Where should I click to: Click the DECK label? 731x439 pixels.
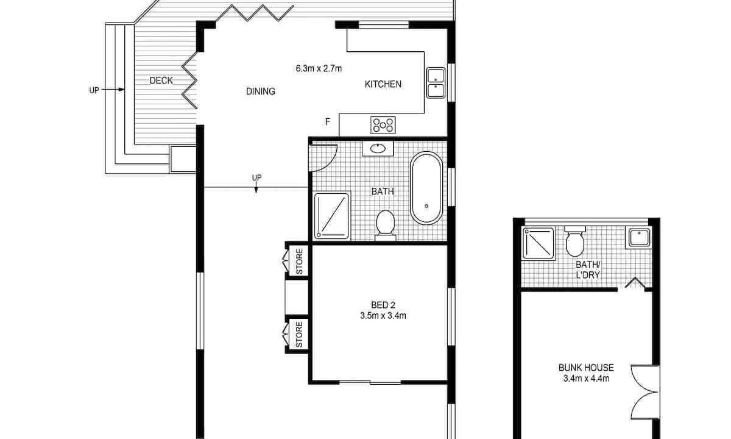[x=161, y=80]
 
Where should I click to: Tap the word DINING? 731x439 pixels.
[x=261, y=91]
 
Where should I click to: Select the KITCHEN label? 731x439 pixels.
[x=383, y=84]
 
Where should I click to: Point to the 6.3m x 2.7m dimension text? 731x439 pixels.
[x=319, y=68]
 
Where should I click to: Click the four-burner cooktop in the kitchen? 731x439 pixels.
[x=383, y=125]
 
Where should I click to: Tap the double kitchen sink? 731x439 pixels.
[x=436, y=83]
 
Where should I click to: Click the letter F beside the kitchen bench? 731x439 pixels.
[x=328, y=122]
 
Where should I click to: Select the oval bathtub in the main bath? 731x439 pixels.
[x=426, y=188]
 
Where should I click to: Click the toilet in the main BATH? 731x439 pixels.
[x=386, y=225]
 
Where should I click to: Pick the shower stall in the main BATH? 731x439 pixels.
[x=331, y=216]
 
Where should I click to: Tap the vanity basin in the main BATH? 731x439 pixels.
[x=378, y=149]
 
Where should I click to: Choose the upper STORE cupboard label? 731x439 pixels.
[x=299, y=262]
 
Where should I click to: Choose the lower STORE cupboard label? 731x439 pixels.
[x=299, y=334]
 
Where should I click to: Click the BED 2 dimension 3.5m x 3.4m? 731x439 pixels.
[x=383, y=316]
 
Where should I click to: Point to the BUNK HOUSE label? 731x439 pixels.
[x=586, y=368]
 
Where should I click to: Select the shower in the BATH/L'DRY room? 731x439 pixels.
[x=539, y=244]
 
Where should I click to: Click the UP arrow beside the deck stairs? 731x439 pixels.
[x=113, y=89]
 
